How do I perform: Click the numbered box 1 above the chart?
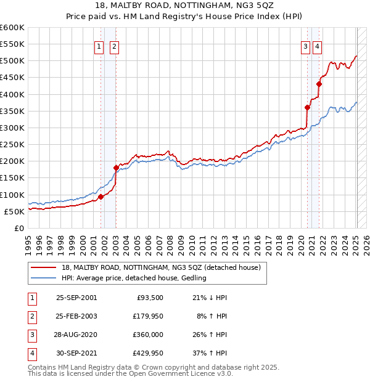[x=99, y=44]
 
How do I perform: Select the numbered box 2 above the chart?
[x=115, y=44]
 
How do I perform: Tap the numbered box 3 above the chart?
[x=305, y=44]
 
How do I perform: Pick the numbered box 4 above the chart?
[x=317, y=44]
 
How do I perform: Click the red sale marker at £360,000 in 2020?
[x=307, y=107]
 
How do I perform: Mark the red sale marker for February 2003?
[x=116, y=168]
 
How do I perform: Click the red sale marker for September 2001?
[x=101, y=197]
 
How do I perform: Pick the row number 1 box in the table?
[x=31, y=297]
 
